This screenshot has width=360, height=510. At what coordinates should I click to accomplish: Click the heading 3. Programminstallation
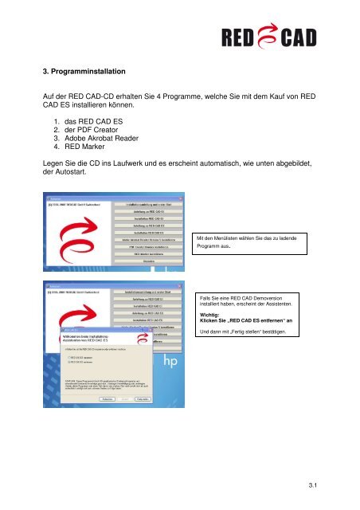click(x=74, y=70)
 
